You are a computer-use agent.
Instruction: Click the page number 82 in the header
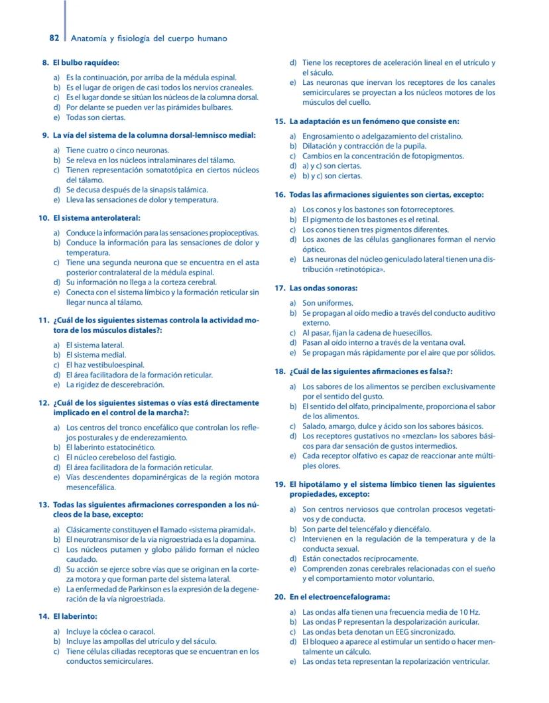[x=55, y=38]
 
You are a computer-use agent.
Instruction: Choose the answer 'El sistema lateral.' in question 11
[x=95, y=345]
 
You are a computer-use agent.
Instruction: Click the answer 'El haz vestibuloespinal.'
[x=105, y=365]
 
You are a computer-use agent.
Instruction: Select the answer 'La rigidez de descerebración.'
[x=115, y=385]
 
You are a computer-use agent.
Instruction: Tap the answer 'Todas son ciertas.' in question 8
[x=95, y=117]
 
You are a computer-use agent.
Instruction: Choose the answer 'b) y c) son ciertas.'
[x=332, y=176]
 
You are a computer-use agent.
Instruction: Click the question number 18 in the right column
[x=279, y=371]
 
